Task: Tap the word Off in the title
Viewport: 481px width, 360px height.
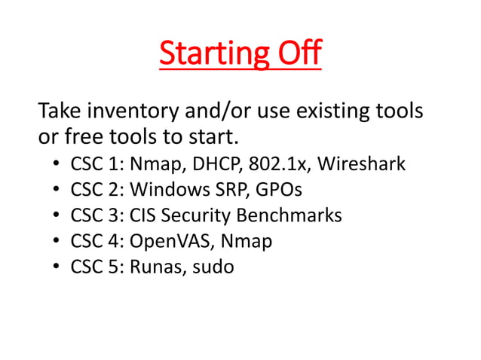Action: (296, 53)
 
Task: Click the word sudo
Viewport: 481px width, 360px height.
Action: (212, 267)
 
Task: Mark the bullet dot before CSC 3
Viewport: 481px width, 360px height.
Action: (57, 216)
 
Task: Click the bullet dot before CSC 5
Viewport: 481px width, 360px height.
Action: (57, 267)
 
